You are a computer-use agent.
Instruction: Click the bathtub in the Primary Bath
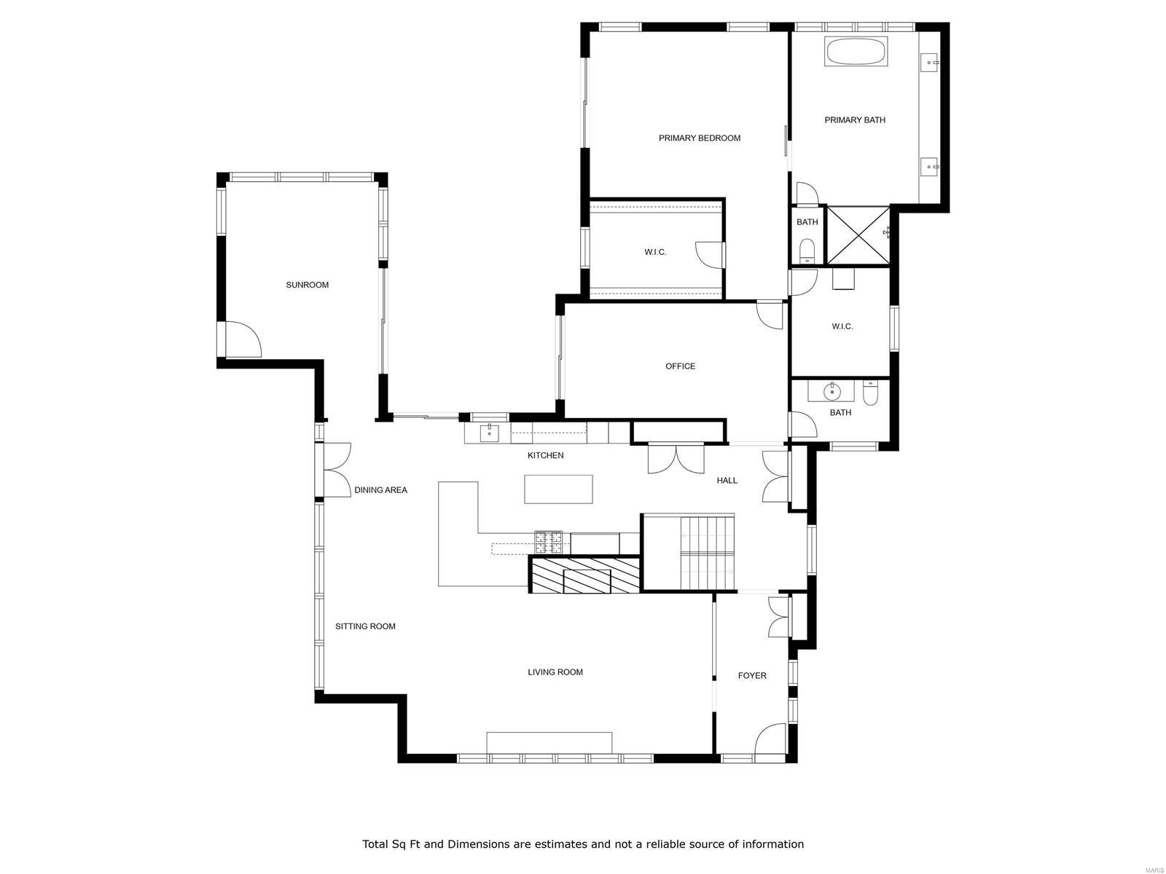tap(856, 52)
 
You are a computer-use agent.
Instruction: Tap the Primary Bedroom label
tap(699, 138)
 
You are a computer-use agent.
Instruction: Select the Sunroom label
tap(307, 286)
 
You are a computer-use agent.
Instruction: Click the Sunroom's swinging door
tap(243, 340)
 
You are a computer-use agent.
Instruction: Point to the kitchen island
tap(558, 489)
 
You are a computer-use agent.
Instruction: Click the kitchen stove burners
tap(551, 542)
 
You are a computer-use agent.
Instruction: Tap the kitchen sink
tap(489, 434)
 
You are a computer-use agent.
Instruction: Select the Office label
tap(680, 366)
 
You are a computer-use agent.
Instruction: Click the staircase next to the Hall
tap(706, 551)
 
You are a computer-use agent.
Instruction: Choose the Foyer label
tap(752, 676)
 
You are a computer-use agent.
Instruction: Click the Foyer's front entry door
tap(771, 741)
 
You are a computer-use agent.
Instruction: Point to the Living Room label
tap(555, 672)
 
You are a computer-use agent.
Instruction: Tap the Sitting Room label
tap(365, 626)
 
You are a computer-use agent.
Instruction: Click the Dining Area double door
tap(336, 470)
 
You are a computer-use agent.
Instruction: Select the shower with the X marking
tap(858, 235)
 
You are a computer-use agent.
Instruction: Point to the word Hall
tap(727, 481)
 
